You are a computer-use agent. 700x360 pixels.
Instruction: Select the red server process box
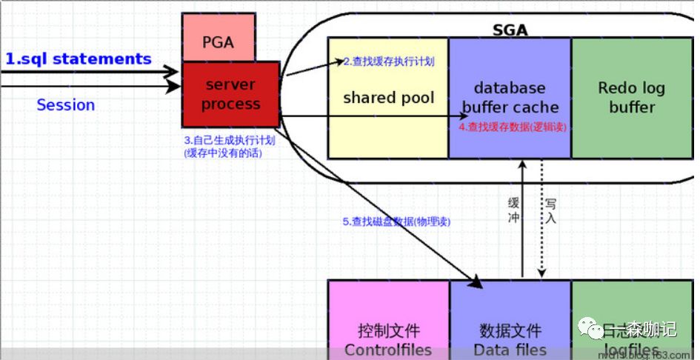230,95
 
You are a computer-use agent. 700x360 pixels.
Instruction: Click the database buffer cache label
510,98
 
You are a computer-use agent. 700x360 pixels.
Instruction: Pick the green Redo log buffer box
631,98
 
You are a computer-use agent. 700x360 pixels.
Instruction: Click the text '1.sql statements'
79,59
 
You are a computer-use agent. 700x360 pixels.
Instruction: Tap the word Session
66,105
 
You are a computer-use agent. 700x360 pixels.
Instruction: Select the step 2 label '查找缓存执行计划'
388,61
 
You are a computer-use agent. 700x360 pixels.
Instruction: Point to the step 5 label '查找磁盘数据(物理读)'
396,221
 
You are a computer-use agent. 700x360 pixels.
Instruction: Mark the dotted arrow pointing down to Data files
541,222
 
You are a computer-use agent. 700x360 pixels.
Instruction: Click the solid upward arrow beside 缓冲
523,222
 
